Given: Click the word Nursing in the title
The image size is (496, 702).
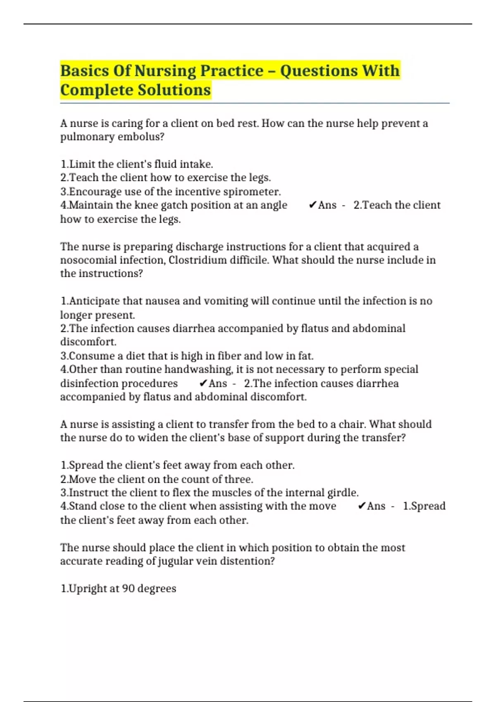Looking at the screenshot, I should pyautogui.click(x=165, y=71).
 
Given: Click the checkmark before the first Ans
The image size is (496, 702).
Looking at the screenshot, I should pyautogui.click(x=312, y=205).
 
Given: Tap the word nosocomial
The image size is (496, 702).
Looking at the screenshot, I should pyautogui.click(x=88, y=260).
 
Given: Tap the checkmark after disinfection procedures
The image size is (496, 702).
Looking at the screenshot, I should pyautogui.click(x=203, y=384).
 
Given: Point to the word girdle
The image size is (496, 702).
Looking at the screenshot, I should pyautogui.click(x=343, y=493).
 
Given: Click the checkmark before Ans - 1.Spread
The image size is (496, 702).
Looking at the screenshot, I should pyautogui.click(x=361, y=506).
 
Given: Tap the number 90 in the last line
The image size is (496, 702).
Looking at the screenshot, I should pyautogui.click(x=128, y=588).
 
